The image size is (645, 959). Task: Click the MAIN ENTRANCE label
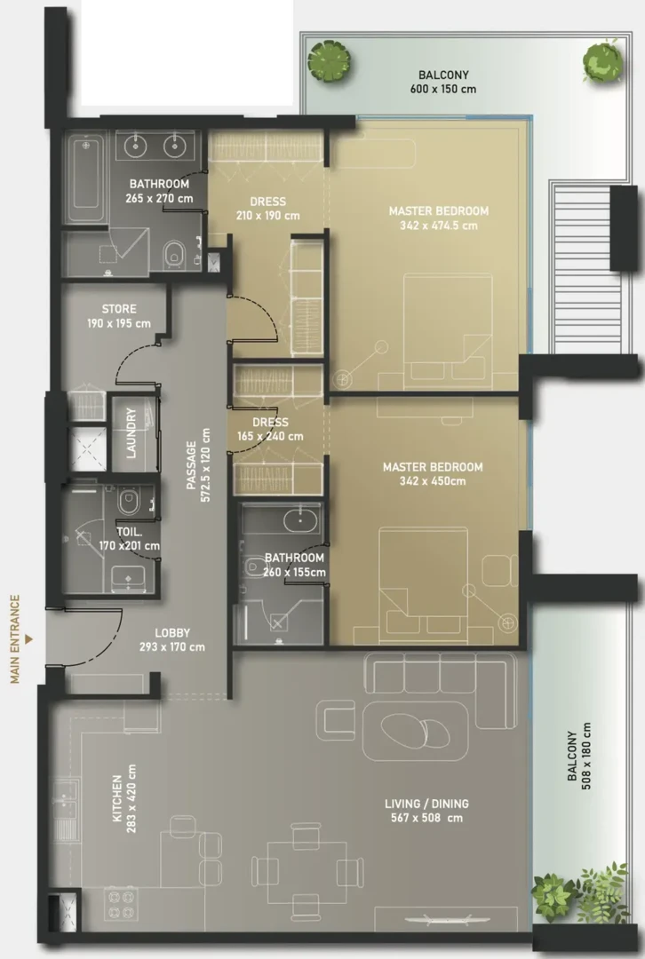(x=15, y=639)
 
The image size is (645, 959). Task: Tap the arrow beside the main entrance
(x=28, y=639)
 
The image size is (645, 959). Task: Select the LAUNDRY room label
(x=131, y=433)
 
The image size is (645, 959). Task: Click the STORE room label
(x=119, y=309)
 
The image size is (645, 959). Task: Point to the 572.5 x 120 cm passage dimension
(x=205, y=464)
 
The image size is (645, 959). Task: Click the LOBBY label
(x=172, y=633)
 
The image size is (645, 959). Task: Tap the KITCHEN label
(x=117, y=799)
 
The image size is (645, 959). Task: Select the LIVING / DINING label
(x=426, y=804)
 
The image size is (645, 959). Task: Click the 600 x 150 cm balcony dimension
(x=443, y=89)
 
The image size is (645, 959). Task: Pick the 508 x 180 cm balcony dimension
(x=586, y=757)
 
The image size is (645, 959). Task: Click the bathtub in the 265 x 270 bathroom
(x=85, y=179)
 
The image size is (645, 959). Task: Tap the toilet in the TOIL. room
(x=129, y=500)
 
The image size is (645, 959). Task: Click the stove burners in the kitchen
(x=121, y=904)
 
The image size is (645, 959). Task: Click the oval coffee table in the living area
(x=414, y=731)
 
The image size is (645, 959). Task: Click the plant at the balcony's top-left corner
(x=330, y=60)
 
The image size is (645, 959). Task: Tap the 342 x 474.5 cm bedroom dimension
(x=439, y=225)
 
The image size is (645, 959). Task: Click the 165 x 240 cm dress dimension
(x=270, y=436)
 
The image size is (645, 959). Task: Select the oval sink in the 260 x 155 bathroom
(x=300, y=520)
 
